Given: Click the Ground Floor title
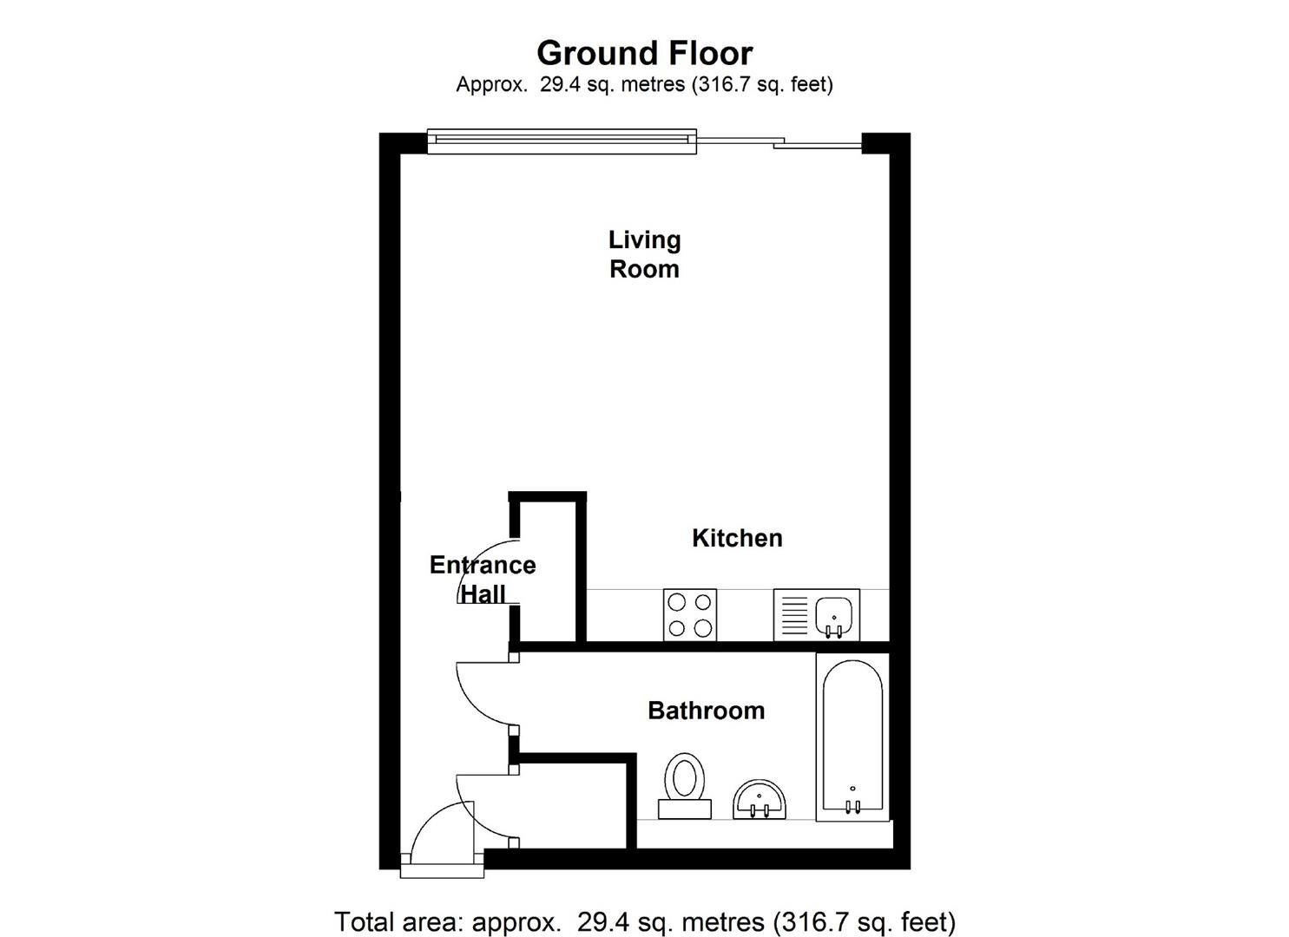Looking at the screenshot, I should coord(644,53).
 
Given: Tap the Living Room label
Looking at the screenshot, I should coord(644,254).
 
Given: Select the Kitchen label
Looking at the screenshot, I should coord(737,538).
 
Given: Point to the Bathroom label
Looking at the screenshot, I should coord(706,711).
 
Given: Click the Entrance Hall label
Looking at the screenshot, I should coord(483,580).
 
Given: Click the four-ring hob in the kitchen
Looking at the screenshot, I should coord(690,615).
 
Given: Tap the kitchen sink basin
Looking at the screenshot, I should coord(835,614).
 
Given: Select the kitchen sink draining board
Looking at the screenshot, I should coord(794,615).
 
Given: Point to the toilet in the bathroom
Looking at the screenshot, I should coord(685,777).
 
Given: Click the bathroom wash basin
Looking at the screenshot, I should coord(760,798).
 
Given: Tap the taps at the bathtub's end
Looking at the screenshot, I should coord(853,805).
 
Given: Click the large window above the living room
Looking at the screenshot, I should coord(562,141).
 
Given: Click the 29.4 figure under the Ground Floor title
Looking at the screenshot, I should coord(559,84).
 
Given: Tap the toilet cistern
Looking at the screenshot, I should coord(685,809).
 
